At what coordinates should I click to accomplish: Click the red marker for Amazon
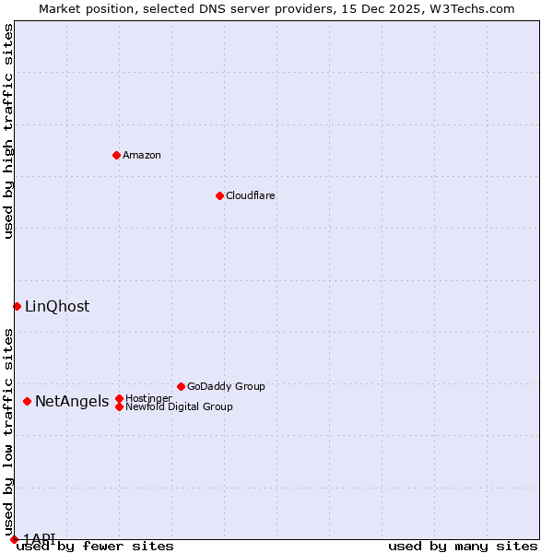click(116, 155)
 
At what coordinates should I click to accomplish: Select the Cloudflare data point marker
click(219, 195)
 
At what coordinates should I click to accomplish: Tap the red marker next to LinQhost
click(17, 306)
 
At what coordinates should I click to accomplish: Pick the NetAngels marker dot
click(28, 401)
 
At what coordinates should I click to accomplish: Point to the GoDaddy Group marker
click(181, 386)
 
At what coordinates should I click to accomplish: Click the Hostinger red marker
click(119, 398)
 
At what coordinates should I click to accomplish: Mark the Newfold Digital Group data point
click(119, 406)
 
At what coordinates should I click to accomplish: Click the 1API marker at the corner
click(14, 539)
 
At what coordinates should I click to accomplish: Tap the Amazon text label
click(142, 155)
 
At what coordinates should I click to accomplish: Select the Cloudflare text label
click(251, 195)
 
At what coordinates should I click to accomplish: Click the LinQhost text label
click(57, 306)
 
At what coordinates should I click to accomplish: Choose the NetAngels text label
click(72, 401)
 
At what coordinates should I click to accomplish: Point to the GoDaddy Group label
click(226, 386)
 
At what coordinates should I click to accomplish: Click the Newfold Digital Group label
click(179, 406)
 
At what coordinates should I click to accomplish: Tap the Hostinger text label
click(148, 398)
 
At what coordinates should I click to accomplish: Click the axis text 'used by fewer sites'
click(95, 546)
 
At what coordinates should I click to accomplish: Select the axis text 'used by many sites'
click(463, 546)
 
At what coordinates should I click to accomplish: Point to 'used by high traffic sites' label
click(8, 131)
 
